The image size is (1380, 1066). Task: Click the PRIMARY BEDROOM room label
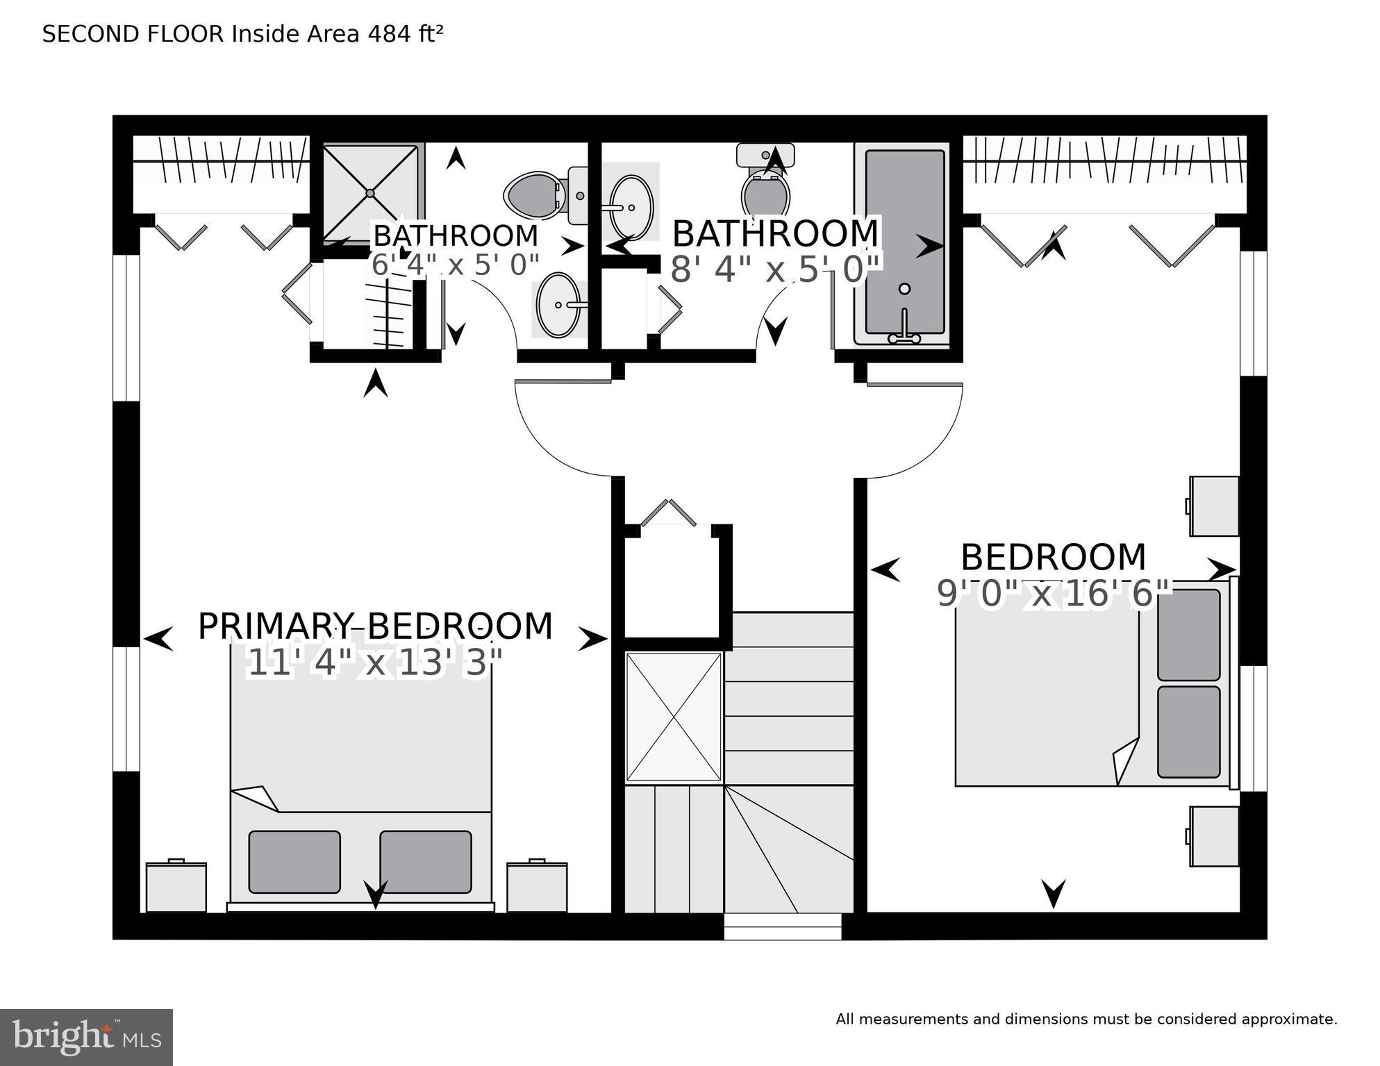pyautogui.click(x=375, y=626)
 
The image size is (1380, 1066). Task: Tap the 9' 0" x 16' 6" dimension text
pyautogui.click(x=1054, y=594)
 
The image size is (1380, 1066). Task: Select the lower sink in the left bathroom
pyautogui.click(x=558, y=305)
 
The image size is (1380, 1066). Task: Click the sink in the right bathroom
pyautogui.click(x=631, y=207)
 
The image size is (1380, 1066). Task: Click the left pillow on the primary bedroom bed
pyautogui.click(x=294, y=861)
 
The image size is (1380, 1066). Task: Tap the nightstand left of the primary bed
pyautogui.click(x=176, y=887)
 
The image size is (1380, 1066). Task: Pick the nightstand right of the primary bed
pyautogui.click(x=537, y=887)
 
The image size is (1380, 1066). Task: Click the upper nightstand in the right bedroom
pyautogui.click(x=1214, y=506)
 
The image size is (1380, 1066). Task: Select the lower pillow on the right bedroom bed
pyautogui.click(x=1188, y=732)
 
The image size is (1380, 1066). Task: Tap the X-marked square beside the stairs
pyautogui.click(x=674, y=717)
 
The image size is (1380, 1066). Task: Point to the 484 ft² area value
pyautogui.click(x=402, y=34)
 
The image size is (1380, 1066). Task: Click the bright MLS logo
pyautogui.click(x=86, y=1037)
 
